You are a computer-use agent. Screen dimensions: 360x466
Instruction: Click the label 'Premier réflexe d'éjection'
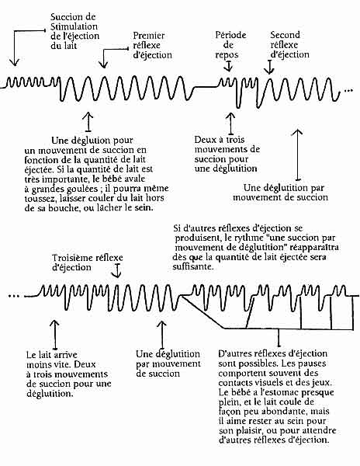[152, 45]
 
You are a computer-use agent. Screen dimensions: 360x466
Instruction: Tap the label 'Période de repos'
[230, 45]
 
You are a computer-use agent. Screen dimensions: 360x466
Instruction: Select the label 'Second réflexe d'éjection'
[289, 44]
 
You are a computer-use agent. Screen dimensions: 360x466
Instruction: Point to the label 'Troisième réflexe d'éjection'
[87, 263]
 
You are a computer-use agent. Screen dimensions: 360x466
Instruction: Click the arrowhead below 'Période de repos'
[228, 68]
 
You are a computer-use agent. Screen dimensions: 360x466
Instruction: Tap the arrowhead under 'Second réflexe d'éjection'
[269, 71]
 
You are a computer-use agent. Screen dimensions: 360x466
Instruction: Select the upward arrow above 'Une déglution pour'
[88, 122]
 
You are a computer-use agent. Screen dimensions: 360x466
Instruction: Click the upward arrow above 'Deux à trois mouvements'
[230, 123]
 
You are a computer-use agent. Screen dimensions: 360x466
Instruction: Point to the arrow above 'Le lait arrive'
[55, 335]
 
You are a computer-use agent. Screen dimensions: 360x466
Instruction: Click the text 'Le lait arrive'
[52, 355]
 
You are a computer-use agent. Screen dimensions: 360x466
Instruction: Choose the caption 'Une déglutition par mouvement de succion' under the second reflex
[280, 193]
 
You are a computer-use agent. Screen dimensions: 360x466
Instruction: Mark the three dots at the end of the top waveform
[348, 90]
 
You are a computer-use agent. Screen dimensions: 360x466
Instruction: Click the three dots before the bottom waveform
[14, 296]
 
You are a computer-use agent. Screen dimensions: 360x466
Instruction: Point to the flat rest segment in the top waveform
[206, 87]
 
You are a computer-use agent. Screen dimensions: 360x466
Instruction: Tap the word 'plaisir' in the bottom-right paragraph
[248, 431]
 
